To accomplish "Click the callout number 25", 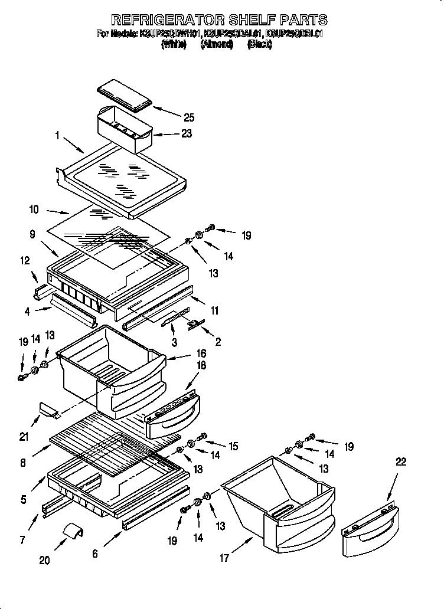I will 188,117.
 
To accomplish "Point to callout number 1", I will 57,135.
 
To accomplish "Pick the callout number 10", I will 34,209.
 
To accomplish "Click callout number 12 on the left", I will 25,261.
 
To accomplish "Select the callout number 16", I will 201,353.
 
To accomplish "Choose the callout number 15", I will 233,447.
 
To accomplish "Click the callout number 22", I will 401,463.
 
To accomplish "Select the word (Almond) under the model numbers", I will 216,44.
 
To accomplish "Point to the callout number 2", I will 219,342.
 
